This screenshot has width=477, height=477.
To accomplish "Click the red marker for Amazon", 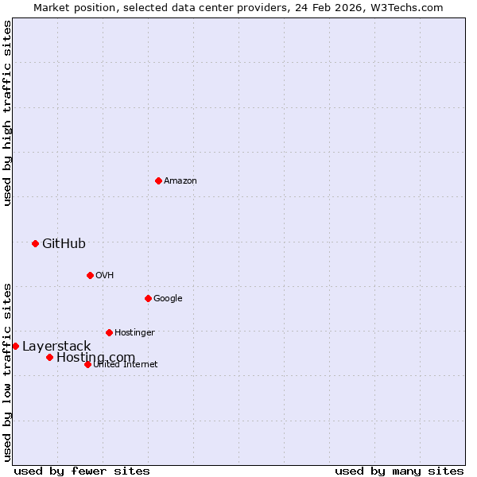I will coord(158,180).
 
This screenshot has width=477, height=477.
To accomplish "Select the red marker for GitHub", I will coord(35,243).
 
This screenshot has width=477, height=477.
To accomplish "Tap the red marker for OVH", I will coord(90,275).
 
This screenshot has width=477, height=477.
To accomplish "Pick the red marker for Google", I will coord(148,298).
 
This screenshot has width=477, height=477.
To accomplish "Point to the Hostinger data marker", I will coord(109,332).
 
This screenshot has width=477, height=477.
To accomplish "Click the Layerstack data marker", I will coord(15,346).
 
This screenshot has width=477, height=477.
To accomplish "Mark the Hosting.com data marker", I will coord(49,357).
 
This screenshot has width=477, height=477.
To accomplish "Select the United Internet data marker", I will coord(87,364).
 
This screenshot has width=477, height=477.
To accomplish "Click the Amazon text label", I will coord(180,181).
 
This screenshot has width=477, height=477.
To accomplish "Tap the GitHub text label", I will coord(64,243).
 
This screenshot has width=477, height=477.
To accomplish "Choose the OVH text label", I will coord(104,276).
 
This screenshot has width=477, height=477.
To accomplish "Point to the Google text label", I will coord(168,299).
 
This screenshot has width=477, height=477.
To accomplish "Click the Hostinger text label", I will coord(134,333).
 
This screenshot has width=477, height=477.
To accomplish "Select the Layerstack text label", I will coord(56,346).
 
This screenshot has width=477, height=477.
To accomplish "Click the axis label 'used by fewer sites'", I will coord(82,471).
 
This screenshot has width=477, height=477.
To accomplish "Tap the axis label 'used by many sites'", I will coord(399,471).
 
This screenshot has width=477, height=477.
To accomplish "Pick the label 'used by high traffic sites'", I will coord(7,113).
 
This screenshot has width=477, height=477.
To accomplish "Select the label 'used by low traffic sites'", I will coord(7,371).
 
